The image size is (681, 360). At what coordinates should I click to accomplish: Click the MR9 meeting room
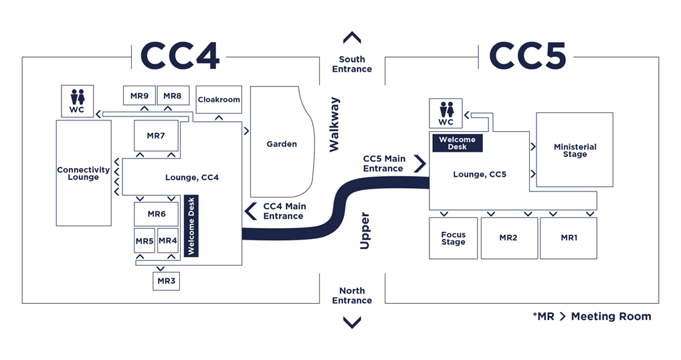[139, 96]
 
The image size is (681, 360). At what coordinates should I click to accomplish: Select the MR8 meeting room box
[173, 96]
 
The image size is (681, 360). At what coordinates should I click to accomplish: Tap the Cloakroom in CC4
[219, 100]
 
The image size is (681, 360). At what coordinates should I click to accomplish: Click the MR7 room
[156, 136]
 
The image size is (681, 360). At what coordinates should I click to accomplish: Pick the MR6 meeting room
[156, 214]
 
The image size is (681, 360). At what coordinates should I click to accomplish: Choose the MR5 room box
[144, 241]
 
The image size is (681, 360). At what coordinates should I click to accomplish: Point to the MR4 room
[168, 241]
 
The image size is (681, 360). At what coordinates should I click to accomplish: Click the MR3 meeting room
[167, 281]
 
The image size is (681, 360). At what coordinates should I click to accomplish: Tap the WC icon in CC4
[77, 101]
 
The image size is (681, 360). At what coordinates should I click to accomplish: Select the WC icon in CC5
[446, 113]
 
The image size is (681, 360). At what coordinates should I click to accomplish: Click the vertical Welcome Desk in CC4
[191, 226]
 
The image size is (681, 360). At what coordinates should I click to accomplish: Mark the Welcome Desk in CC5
[458, 143]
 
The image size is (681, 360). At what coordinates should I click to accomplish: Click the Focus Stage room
[453, 238]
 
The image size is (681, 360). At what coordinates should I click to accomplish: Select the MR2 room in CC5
[509, 238]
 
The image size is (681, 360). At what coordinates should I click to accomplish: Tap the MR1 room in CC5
[568, 238]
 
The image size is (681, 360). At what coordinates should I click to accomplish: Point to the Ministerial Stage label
[575, 151]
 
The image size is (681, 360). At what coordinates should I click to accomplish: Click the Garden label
[282, 144]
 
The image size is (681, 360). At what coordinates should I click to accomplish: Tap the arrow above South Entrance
[352, 38]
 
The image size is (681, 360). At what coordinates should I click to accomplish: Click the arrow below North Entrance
[352, 323]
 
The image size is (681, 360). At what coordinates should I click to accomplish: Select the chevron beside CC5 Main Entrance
[420, 163]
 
